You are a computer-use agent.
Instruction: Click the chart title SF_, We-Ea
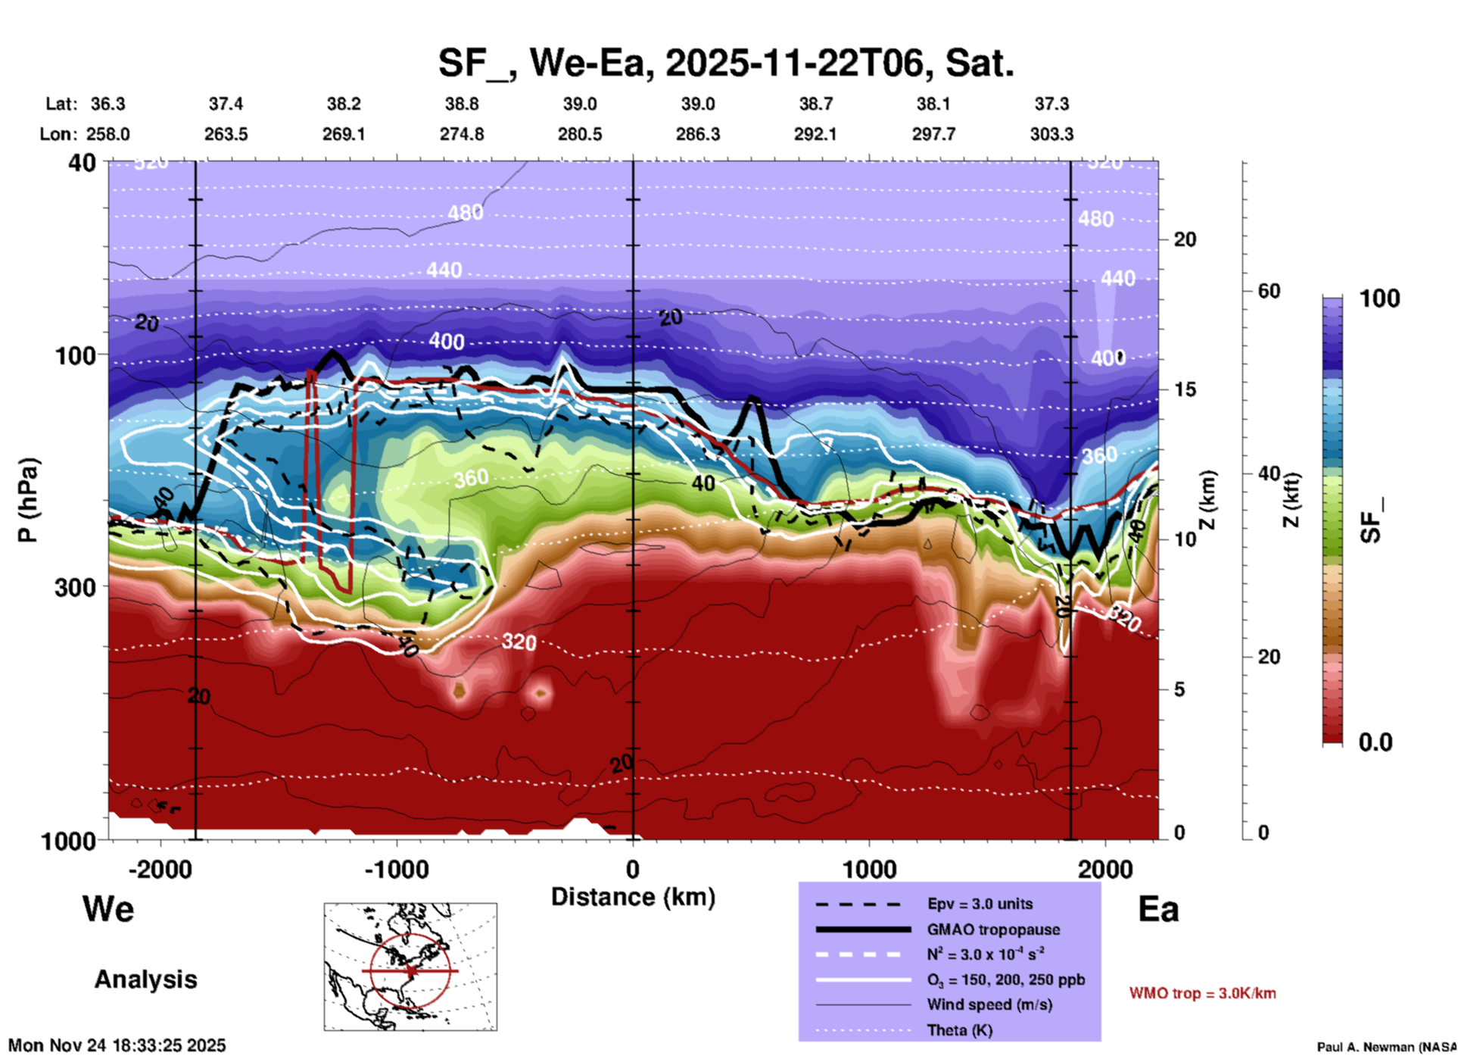(x=725, y=64)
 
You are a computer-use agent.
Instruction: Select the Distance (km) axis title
(x=633, y=897)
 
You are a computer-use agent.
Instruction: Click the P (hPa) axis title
(x=28, y=500)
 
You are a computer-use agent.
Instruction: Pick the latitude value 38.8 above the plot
(x=461, y=104)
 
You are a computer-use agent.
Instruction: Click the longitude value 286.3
(x=697, y=134)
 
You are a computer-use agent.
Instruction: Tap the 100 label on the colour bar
(x=1379, y=298)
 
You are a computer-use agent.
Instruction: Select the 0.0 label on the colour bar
(x=1375, y=742)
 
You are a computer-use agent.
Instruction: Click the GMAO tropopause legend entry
(x=993, y=929)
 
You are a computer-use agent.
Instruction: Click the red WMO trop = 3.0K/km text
(x=1202, y=993)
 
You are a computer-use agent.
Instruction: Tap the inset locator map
(x=410, y=966)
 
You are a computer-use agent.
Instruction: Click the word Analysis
(x=145, y=979)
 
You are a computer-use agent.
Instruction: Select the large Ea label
(x=1158, y=909)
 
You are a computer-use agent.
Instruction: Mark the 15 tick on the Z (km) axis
(x=1185, y=389)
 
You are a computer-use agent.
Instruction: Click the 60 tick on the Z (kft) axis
(x=1269, y=291)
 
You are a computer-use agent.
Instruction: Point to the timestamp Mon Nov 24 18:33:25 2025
(x=117, y=1045)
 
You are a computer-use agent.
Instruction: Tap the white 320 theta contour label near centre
(x=519, y=642)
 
